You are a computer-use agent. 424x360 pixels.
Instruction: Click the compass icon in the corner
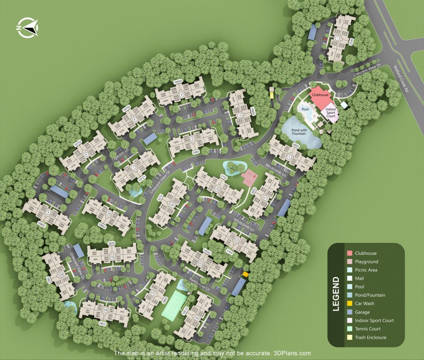pos(27,28)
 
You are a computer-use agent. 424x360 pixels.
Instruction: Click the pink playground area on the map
pos(249,178)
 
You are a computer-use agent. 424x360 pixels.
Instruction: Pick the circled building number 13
pos(217,189)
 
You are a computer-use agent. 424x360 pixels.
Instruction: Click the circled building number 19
pos(112,257)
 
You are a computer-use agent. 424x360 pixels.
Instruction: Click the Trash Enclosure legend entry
pos(370,337)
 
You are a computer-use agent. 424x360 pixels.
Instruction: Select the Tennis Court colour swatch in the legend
pos(349,329)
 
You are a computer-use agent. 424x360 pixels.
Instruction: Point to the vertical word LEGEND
pos(336,294)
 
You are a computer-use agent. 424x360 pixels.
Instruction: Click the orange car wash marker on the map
pos(246,274)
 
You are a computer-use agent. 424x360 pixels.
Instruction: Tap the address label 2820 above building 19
pos(111,243)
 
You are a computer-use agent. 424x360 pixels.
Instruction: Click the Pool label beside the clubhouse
pos(305,109)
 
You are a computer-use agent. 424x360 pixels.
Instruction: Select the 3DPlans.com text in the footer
pos(292,353)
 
